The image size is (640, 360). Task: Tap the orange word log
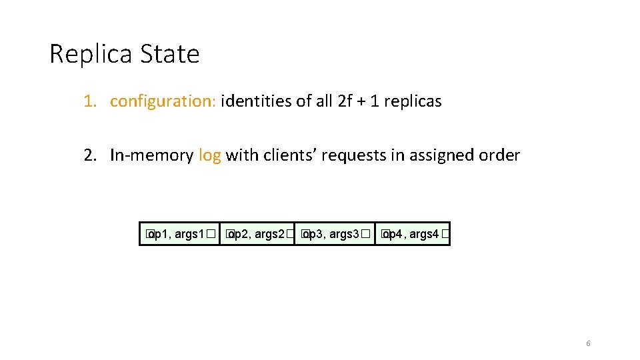[x=209, y=155]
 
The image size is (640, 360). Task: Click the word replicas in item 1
[x=413, y=101]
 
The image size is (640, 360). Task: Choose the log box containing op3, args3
[x=334, y=234]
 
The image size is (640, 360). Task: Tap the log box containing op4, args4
[x=413, y=234]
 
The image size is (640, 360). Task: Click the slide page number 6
[x=588, y=343]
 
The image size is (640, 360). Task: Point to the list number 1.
[x=89, y=101]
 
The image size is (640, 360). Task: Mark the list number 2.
[x=89, y=155]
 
